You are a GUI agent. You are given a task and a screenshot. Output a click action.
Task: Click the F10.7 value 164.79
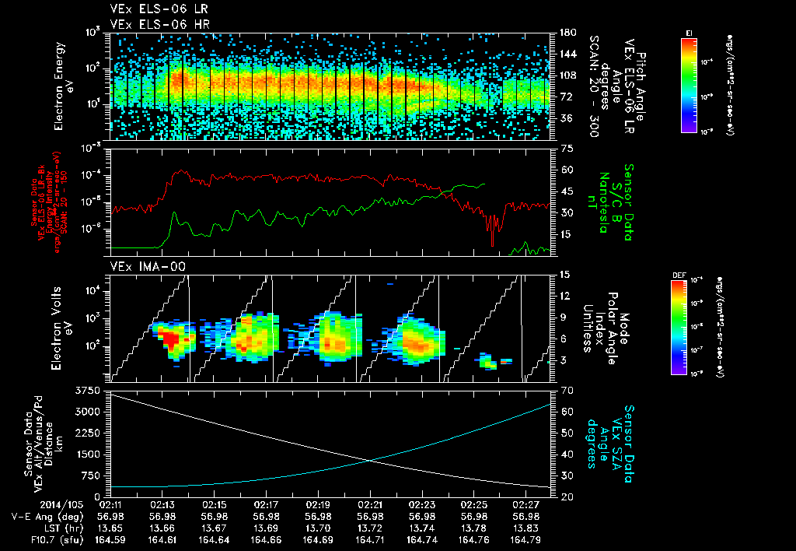point(527,539)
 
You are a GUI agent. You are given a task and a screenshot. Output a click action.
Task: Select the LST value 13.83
point(527,528)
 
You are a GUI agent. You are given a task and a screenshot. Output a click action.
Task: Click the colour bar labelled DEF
point(684,327)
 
